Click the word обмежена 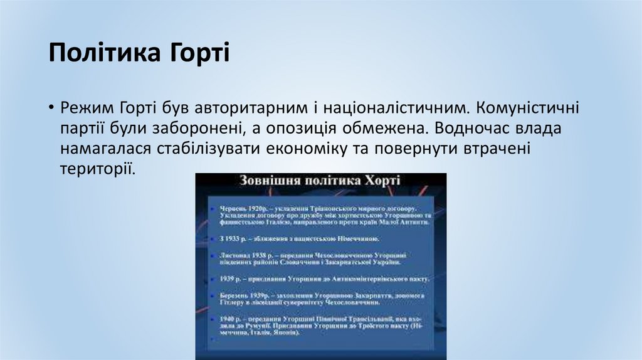386,128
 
